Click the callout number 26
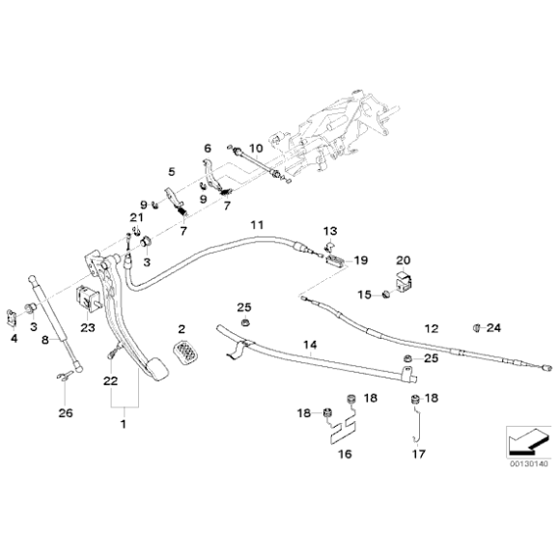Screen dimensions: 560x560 pos(66,413)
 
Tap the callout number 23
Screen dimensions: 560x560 pos(88,327)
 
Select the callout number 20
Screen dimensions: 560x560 pos(404,261)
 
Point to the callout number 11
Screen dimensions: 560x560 pos(257,225)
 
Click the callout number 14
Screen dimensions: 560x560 pos(310,345)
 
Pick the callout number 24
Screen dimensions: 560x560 pos(494,327)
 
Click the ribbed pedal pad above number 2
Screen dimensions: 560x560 pos(184,352)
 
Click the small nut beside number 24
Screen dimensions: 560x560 pos(476,327)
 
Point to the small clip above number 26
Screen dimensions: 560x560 pos(66,376)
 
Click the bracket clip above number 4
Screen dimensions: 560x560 pos(12,318)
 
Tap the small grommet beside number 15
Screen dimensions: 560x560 pos(385,294)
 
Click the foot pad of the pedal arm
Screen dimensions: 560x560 pos(156,370)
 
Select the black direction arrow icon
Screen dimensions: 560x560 pos(528,441)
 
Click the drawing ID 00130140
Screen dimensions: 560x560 pos(528,463)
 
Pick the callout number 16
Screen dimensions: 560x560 pos(345,454)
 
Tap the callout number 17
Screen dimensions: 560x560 pos(419,454)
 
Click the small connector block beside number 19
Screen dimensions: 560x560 pos(335,260)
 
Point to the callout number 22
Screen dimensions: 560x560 pos(110,381)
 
